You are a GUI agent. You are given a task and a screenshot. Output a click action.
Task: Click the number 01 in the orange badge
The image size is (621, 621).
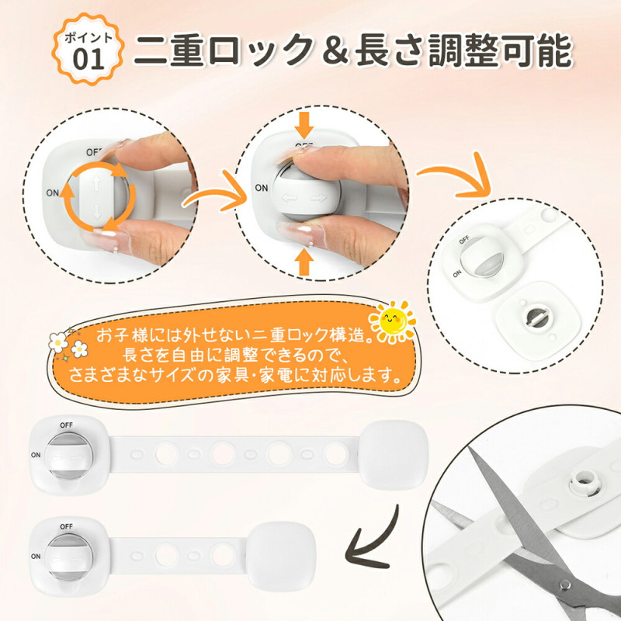[x=88, y=59]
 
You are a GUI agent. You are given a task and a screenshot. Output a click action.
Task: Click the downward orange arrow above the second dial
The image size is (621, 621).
[x=304, y=125]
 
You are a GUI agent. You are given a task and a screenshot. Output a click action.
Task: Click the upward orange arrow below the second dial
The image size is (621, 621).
[x=304, y=262]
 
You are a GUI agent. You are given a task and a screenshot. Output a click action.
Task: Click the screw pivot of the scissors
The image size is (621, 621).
[x=565, y=584]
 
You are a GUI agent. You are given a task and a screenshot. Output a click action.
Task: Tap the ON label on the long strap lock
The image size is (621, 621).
[x=36, y=455]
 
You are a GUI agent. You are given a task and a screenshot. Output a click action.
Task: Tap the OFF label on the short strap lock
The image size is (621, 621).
[x=66, y=526]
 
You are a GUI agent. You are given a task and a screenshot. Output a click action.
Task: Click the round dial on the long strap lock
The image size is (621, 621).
[x=68, y=456]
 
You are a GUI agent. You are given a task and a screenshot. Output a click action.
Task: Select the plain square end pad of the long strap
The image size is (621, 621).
[x=394, y=455]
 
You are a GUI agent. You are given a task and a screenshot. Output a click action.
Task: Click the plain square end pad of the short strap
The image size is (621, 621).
[x=281, y=557]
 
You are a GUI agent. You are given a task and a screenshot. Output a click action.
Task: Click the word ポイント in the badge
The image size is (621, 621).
[x=88, y=37]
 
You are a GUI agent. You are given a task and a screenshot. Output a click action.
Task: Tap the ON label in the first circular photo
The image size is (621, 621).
[x=52, y=193]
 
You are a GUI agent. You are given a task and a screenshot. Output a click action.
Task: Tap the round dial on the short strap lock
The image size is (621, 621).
[x=68, y=557]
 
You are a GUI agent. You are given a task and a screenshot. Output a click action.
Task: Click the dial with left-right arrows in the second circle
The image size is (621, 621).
[x=306, y=193]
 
